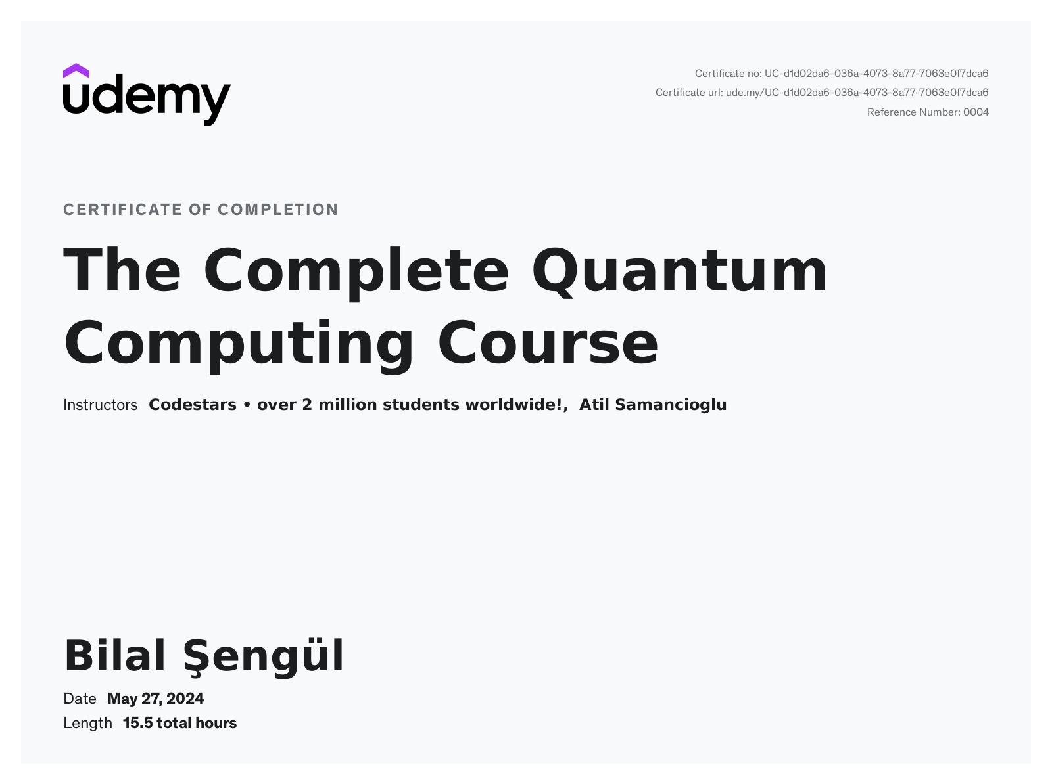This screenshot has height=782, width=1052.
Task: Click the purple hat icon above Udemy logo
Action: coord(76,71)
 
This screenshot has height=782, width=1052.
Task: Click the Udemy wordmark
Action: coord(147,100)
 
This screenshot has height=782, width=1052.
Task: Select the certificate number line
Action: coord(842,74)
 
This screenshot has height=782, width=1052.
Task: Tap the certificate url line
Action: coord(822,93)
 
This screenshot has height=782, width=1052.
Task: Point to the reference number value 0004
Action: coord(976,112)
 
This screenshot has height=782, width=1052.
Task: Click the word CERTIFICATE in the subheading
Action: coord(123,210)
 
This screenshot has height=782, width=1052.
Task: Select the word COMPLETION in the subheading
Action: coord(278,210)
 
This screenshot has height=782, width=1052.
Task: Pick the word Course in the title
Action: coord(548,344)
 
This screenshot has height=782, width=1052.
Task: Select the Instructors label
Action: coord(100,405)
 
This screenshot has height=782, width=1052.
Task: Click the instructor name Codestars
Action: coord(193,405)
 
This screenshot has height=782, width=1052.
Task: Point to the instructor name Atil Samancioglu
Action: coord(653,405)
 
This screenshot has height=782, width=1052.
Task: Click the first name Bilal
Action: coord(115,655)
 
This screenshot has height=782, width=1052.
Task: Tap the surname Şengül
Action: coord(264,656)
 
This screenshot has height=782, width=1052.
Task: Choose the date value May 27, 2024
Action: coord(156,699)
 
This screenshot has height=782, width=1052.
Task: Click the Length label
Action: coord(87,724)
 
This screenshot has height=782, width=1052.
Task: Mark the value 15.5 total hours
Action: coord(179,724)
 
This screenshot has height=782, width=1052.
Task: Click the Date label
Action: coord(80,699)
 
